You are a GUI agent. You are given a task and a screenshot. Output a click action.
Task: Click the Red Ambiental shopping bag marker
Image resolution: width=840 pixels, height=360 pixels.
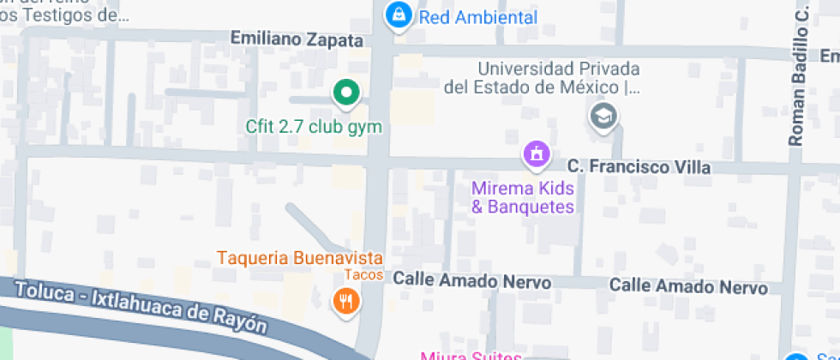(x=398, y=15)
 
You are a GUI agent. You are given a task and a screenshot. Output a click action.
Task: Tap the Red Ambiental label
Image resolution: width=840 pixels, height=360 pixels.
(x=479, y=17)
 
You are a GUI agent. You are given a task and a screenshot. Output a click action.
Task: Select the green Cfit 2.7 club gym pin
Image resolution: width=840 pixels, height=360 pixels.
(x=345, y=93)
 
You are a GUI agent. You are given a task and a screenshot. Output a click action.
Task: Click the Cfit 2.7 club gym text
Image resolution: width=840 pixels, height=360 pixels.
(x=314, y=127)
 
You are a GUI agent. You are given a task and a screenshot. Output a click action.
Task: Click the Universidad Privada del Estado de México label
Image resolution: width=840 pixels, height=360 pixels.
(x=543, y=77)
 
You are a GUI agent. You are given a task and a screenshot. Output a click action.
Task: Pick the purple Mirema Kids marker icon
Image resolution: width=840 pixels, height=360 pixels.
(x=537, y=155)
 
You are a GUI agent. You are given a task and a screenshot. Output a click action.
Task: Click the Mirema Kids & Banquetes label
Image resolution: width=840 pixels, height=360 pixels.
(x=523, y=196)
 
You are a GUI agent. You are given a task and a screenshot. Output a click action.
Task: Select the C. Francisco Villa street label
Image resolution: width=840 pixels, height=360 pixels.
(x=639, y=167)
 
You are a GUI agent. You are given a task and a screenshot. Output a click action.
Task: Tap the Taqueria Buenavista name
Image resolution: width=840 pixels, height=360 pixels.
(x=299, y=257)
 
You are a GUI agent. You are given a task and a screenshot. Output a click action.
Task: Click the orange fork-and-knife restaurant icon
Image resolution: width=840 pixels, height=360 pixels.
(x=346, y=300)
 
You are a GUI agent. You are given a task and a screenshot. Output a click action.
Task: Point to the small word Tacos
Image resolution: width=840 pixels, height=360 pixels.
(x=363, y=275)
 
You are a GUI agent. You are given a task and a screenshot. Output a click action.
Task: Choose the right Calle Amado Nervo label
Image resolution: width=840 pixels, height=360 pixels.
(x=688, y=286)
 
